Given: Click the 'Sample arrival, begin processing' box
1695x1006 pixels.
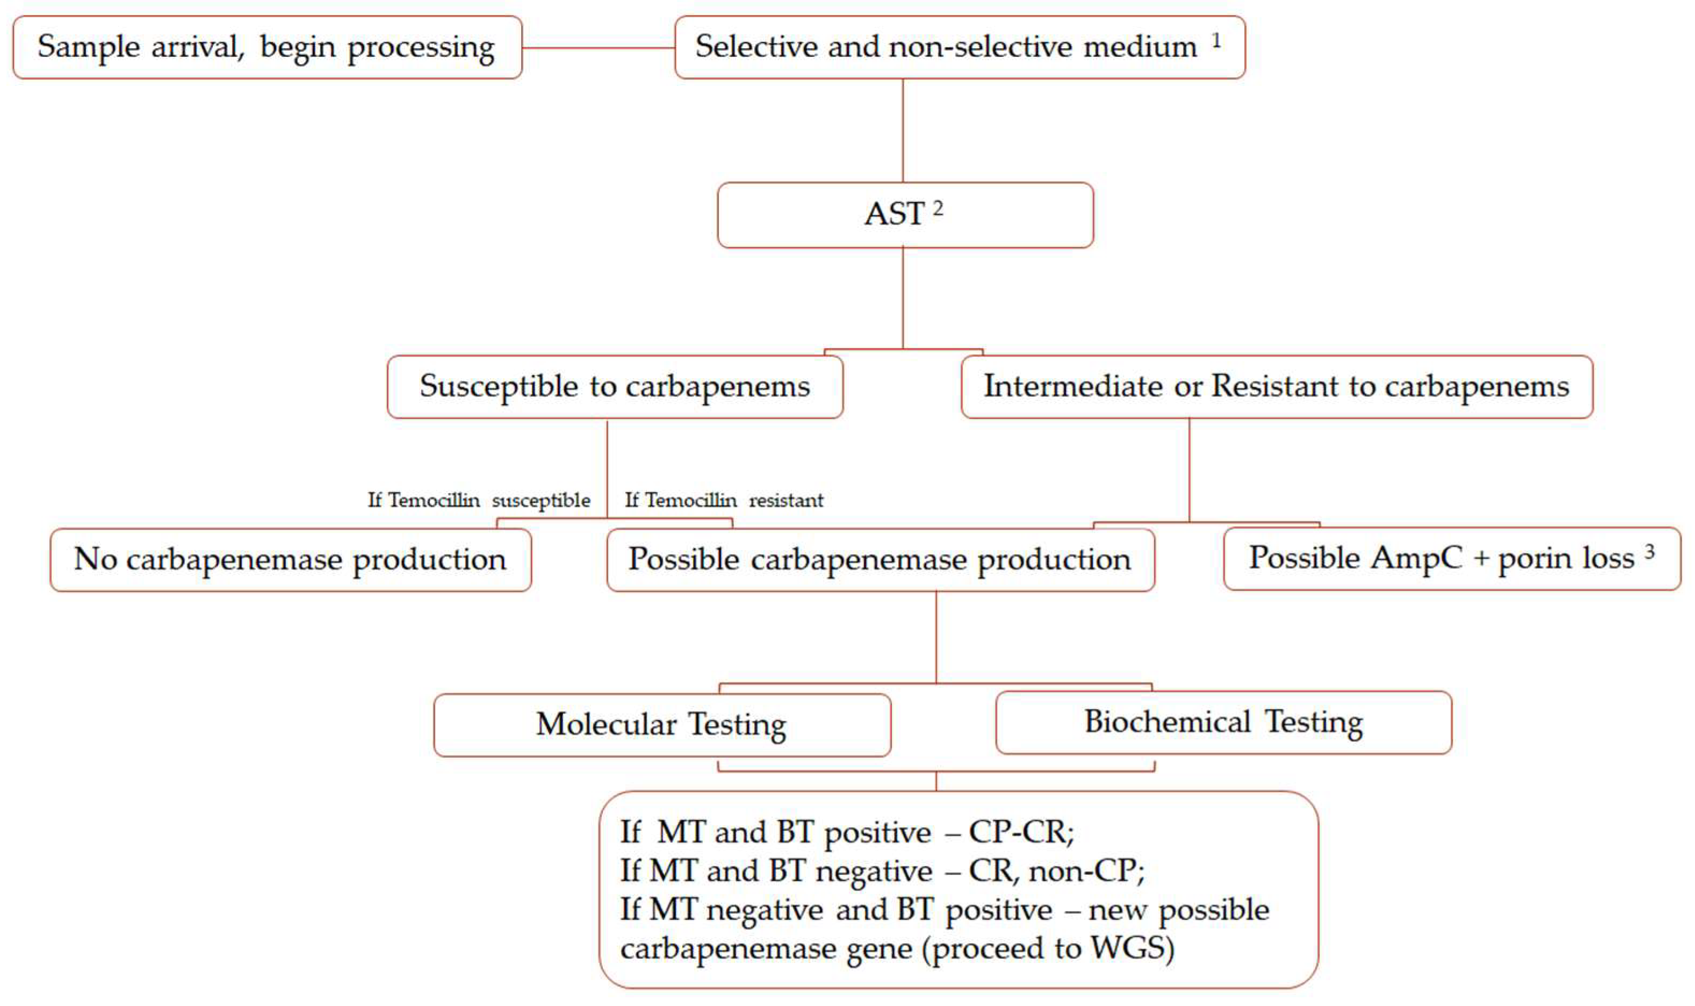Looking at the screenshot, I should [x=267, y=47].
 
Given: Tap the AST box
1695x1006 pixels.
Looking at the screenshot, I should [x=905, y=215].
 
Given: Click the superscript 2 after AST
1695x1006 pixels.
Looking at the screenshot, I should [x=937, y=207].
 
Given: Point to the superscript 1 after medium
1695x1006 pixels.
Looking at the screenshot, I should [x=1216, y=41].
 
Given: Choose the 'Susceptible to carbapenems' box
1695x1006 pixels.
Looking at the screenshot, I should [x=614, y=386].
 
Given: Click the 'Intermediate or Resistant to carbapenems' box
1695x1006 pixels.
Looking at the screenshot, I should [x=1276, y=386].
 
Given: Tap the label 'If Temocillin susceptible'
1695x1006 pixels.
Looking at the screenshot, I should [x=479, y=500].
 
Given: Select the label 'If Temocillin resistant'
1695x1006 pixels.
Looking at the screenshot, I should [x=724, y=500].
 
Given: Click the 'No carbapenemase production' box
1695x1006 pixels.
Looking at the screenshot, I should [x=290, y=560].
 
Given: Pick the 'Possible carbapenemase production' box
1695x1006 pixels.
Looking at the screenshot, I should [x=879, y=560].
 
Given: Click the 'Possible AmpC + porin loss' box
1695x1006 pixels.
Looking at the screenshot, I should [x=1451, y=559].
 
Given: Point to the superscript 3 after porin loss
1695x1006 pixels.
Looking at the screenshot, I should [x=1649, y=551].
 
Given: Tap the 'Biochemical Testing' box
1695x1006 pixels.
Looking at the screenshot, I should [x=1223, y=721].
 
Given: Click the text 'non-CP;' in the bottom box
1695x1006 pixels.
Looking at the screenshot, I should [x=1086, y=871].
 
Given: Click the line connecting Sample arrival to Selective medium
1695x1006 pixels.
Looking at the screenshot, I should [x=598, y=47].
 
